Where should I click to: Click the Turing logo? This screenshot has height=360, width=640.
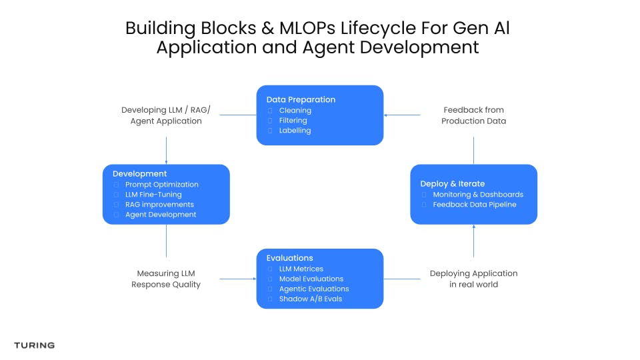tap(34, 345)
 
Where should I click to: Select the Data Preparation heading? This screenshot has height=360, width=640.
tap(301, 100)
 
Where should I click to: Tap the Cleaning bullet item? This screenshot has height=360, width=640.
tap(295, 111)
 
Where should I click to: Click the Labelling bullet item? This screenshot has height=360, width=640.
tap(295, 131)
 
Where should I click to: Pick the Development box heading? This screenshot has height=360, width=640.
tap(139, 174)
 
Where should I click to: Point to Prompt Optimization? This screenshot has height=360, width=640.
tap(161, 185)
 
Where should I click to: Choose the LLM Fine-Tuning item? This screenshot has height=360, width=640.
tap(153, 195)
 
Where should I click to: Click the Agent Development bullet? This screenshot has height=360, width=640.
tap(161, 215)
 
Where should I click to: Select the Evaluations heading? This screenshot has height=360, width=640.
tap(289, 258)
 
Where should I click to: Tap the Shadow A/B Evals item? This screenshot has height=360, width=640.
tap(310, 299)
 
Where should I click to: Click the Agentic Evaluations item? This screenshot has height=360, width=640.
tap(314, 289)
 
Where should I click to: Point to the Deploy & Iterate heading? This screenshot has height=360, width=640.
tap(452, 184)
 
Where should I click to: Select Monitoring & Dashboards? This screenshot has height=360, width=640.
tap(478, 195)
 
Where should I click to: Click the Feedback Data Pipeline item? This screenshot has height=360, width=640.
tap(474, 205)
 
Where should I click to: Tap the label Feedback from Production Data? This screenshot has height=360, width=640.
tap(473, 115)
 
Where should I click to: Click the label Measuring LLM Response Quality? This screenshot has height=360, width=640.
tap(166, 279)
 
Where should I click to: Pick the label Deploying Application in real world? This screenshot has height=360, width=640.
tap(473, 279)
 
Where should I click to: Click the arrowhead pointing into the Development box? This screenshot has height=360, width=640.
tap(166, 161)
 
